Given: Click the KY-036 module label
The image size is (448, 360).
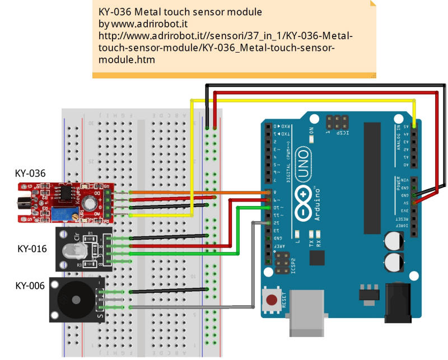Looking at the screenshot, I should [x=30, y=174].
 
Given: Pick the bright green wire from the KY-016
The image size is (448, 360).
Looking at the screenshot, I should [x=179, y=253].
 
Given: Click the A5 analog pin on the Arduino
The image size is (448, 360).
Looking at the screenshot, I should [x=414, y=127].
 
